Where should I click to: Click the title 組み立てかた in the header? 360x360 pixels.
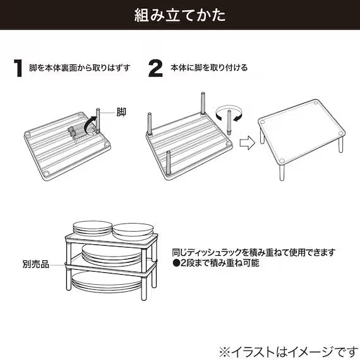179,15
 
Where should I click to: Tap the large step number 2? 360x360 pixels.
155,68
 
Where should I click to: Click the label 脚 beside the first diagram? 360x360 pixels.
121,112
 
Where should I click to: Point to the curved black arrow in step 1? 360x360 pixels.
92,120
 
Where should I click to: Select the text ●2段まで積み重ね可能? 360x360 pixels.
215,262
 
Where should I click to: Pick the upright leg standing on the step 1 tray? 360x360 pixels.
100,121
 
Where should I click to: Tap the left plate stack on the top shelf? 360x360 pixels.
92,229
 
